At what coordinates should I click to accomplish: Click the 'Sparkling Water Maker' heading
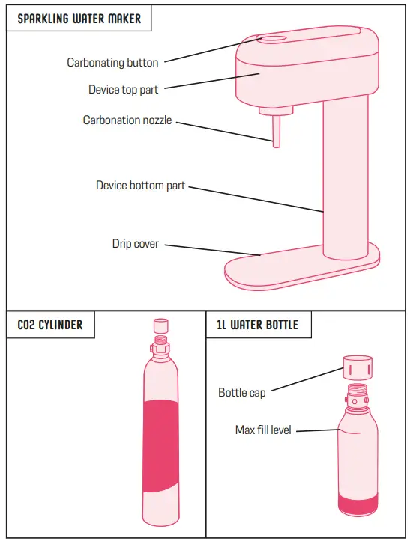click(79, 19)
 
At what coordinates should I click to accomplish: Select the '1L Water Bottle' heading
click(257, 325)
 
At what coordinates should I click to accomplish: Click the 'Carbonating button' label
click(112, 63)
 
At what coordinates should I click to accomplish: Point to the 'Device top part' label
click(124, 90)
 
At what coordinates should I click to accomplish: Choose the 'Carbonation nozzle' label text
click(127, 120)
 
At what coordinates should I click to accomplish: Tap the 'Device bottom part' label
click(140, 185)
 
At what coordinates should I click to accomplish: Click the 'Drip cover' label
click(135, 244)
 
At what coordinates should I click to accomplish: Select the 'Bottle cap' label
click(241, 392)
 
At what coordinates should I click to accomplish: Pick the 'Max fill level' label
click(262, 430)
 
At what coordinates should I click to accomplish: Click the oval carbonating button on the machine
click(272, 38)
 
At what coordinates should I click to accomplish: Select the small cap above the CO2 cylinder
click(160, 325)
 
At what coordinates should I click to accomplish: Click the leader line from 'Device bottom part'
click(255, 198)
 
